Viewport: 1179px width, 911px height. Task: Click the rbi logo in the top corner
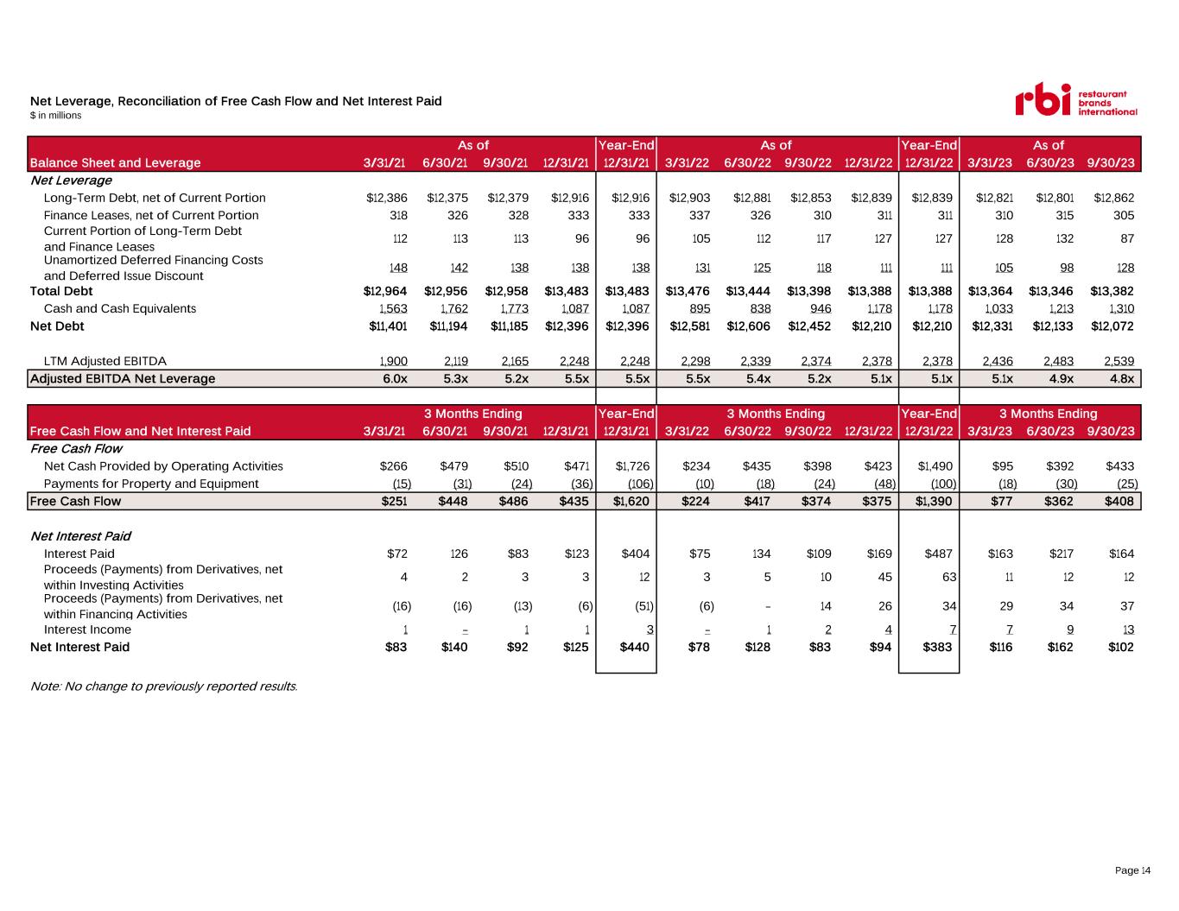coord(1076,99)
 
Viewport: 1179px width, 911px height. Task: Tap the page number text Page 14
coord(1132,870)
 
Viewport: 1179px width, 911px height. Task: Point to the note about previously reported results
coord(164,686)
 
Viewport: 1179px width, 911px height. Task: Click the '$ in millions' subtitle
coord(56,116)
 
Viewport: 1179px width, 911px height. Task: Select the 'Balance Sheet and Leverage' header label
coord(115,162)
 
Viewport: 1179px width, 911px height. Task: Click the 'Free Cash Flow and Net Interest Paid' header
coord(140,431)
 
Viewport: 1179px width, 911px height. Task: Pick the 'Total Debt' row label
coord(61,291)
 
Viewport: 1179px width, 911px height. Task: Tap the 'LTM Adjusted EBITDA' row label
coord(105,361)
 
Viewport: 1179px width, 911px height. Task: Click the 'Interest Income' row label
coord(87,629)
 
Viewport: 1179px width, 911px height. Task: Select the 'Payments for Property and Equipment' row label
coord(151,484)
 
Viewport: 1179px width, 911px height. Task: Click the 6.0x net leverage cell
coord(395,378)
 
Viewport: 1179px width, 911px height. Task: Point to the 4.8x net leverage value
coord(1121,378)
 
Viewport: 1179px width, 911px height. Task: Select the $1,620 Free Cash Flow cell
coord(631,501)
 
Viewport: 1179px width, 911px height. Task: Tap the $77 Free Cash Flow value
coord(1002,501)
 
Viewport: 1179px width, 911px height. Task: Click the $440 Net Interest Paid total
coord(634,647)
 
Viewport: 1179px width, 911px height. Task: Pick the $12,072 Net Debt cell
coord(1112,326)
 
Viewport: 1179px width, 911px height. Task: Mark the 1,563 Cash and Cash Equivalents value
coord(393,308)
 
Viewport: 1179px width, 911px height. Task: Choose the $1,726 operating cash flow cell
coord(632,466)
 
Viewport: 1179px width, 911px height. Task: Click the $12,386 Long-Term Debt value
coord(387,198)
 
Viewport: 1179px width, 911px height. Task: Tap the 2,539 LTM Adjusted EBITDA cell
coord(1119,361)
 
